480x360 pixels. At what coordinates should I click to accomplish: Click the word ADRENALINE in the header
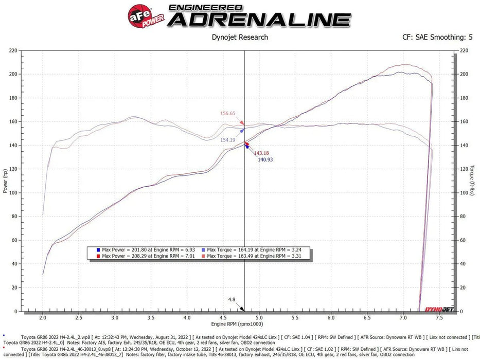tap(259, 20)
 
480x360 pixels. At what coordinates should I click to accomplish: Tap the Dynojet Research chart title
tap(240, 37)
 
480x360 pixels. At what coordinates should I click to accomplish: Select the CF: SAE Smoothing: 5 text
tap(437, 37)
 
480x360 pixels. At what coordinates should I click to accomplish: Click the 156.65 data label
tap(227, 113)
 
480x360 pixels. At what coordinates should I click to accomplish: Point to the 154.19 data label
tap(227, 140)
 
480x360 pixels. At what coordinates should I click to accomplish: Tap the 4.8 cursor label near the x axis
tap(232, 299)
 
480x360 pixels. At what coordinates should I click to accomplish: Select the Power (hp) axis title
tap(5, 181)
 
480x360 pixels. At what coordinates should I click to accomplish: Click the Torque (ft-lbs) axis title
tap(472, 181)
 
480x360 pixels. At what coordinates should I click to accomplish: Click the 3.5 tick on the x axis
tap(151, 318)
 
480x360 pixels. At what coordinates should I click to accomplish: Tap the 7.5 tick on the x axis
tap(439, 318)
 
